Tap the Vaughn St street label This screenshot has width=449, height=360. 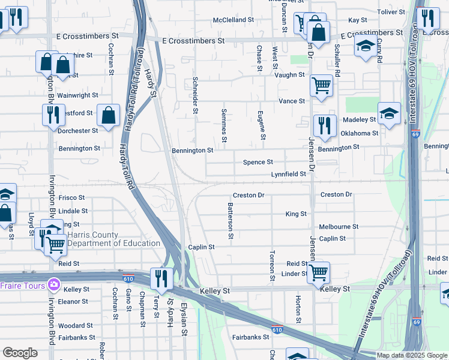coord(289,75)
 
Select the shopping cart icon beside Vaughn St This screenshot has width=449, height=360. coord(321,85)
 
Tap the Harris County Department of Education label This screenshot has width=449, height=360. coord(113,239)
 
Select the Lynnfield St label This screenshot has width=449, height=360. coord(288,174)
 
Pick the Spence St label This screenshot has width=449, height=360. coord(258,162)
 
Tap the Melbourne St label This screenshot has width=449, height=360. coord(339,227)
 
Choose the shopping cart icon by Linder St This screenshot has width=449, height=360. coord(318,272)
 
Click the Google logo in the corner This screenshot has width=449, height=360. coord(20,353)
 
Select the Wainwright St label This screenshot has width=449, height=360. coord(77,95)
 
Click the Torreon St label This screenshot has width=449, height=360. coord(273,265)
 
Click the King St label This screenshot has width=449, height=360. coord(296,214)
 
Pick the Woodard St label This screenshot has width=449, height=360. coord(75,326)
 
